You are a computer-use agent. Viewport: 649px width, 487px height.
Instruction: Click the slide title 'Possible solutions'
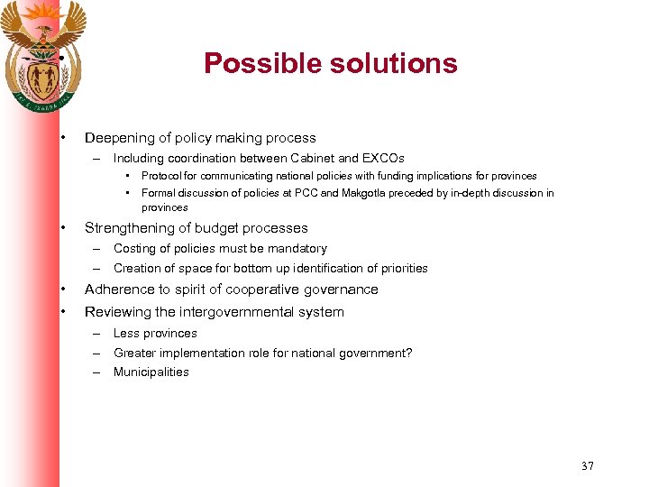click(330, 64)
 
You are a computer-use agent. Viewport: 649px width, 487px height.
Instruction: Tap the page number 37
click(588, 466)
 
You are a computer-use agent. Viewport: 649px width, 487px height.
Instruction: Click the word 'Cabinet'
click(312, 159)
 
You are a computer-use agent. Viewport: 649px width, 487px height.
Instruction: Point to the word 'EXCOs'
click(383, 159)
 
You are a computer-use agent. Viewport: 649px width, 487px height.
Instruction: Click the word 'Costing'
click(134, 249)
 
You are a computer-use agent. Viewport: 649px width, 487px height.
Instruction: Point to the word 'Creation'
click(137, 269)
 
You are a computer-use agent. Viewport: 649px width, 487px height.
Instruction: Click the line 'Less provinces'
click(155, 334)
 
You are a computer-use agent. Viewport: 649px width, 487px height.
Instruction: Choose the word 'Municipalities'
click(151, 372)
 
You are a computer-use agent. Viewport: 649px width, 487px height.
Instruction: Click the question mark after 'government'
click(409, 354)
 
